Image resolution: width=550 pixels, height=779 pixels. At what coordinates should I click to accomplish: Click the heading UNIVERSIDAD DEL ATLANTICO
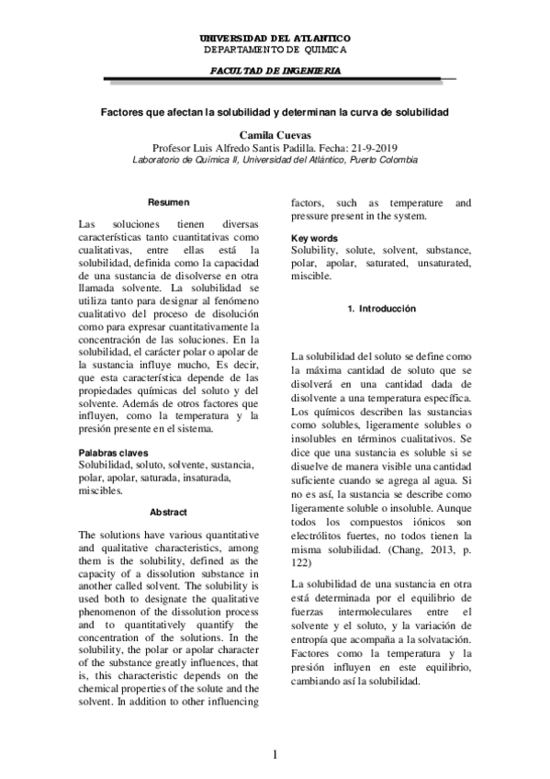pos(275,37)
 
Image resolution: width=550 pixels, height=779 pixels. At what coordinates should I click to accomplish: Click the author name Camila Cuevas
pos(275,134)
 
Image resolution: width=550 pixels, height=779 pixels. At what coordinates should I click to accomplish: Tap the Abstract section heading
pos(169,513)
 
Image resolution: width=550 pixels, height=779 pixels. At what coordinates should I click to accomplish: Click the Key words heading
pos(314,238)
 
